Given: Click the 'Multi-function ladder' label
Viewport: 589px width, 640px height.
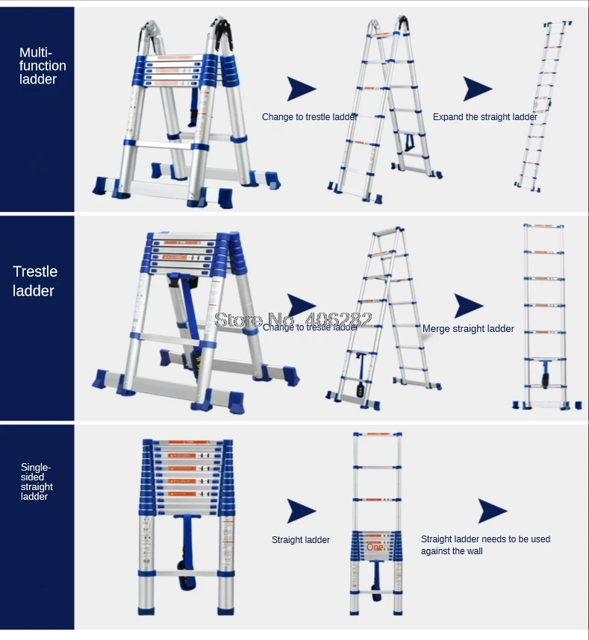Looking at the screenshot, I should [x=43, y=66].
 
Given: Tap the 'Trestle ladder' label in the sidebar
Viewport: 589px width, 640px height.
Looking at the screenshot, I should [x=34, y=281].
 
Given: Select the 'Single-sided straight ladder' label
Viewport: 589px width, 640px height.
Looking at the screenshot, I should [x=37, y=482].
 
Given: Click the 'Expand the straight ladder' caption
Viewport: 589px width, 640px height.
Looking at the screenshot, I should [x=484, y=117].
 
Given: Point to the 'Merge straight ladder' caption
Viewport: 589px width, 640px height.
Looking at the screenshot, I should [x=468, y=328].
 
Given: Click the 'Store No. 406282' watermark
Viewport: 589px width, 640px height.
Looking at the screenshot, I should [x=293, y=319].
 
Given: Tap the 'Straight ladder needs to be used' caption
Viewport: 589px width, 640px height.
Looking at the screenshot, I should [x=485, y=539].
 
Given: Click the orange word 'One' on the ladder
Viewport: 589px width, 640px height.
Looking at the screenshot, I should [x=375, y=547].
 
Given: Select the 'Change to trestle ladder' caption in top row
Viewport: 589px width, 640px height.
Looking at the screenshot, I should [x=309, y=117].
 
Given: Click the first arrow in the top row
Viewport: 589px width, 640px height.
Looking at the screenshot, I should [x=302, y=89].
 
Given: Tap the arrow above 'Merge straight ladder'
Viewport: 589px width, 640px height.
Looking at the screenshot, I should [x=468, y=306].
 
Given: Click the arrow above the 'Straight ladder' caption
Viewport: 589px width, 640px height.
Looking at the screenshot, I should [x=302, y=512].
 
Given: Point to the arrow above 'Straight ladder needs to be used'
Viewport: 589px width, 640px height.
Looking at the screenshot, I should [x=493, y=512].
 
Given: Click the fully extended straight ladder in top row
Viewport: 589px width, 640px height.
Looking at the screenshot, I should [x=545, y=104].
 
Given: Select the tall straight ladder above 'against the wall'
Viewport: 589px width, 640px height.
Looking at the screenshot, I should [x=377, y=515].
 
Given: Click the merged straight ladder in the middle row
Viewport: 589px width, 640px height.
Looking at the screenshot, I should [x=543, y=317].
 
